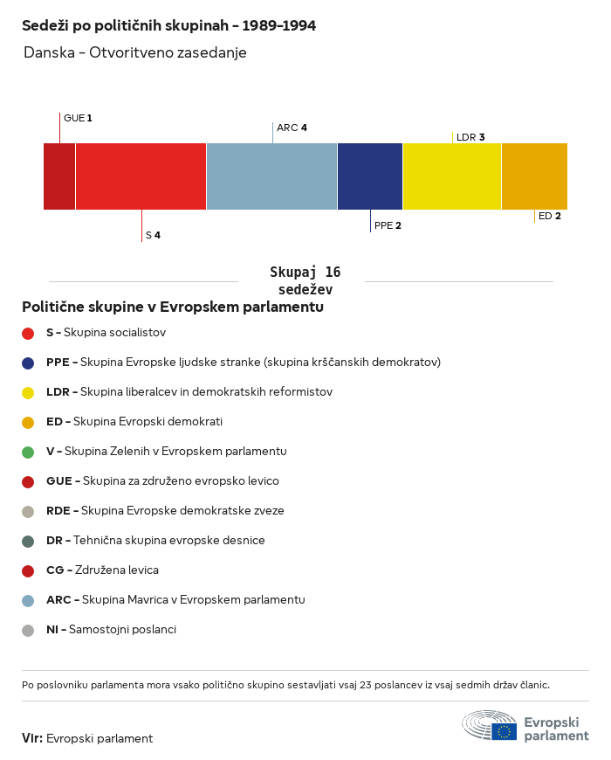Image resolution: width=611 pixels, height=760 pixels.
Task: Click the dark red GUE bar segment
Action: [59, 176]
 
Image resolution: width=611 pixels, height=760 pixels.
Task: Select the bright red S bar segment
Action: [141, 176]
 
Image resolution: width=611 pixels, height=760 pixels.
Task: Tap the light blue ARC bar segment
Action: [271, 176]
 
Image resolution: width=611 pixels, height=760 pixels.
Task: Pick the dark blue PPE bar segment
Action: [370, 176]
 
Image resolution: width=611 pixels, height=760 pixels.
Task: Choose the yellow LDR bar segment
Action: [452, 176]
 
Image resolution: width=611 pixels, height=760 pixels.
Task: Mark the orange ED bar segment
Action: [534, 176]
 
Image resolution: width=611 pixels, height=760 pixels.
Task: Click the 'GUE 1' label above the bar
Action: [78, 118]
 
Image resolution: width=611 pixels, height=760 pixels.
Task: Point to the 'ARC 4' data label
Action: [292, 128]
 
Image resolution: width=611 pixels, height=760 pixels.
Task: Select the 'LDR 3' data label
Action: [470, 137]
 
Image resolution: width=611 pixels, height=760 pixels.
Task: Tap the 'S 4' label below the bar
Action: [153, 235]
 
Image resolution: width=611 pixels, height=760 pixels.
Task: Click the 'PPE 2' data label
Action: [388, 225]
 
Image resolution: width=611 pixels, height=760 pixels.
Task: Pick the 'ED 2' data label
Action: [550, 216]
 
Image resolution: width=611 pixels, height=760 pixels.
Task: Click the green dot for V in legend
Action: [28, 453]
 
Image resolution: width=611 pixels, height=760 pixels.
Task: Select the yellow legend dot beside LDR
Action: [28, 392]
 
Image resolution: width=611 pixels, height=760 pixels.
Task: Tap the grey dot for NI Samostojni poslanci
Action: [28, 630]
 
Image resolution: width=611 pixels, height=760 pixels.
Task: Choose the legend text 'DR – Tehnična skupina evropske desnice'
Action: [155, 540]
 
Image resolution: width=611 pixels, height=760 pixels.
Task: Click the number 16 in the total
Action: [333, 272]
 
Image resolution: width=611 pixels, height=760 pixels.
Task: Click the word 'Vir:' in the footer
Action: [32, 738]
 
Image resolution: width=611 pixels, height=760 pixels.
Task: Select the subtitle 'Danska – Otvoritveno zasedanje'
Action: [135, 52]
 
